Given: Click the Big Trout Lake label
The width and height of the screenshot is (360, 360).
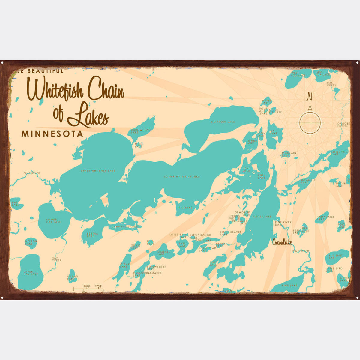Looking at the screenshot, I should click(223, 122).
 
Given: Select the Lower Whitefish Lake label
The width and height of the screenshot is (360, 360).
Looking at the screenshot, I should click(182, 176).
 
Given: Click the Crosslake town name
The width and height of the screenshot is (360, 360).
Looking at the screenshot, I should click(282, 242).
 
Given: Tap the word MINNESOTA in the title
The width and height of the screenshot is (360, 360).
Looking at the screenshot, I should click(52, 134).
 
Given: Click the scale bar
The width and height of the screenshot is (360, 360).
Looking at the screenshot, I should click(88, 289).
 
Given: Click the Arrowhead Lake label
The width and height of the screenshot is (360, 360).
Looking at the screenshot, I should click(141, 131).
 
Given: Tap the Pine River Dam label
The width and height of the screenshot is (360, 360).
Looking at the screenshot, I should click(283, 223).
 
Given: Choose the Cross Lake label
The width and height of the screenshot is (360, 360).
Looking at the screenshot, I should click(262, 217).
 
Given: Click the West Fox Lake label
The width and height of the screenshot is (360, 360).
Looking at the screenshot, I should click(298, 74).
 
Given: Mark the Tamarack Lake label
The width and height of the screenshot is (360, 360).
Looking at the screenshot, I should click(325, 218).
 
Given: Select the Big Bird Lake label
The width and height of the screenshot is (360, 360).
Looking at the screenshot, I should click(335, 257).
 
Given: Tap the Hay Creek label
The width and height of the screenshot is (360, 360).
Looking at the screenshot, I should click(56, 259).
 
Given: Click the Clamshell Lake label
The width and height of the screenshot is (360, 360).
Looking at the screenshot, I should click(124, 226).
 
